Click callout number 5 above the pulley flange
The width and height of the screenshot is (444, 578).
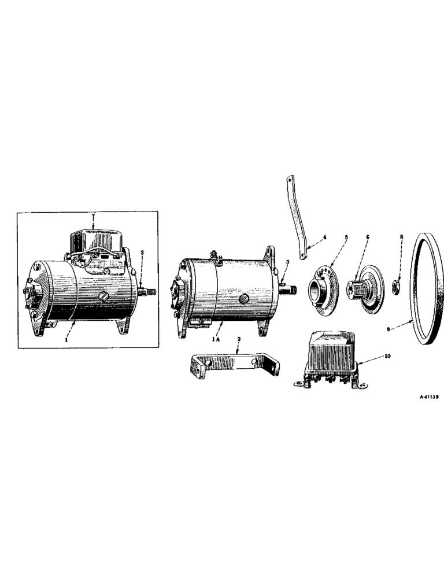[x=347, y=237]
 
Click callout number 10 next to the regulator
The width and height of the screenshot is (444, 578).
[x=387, y=357]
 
